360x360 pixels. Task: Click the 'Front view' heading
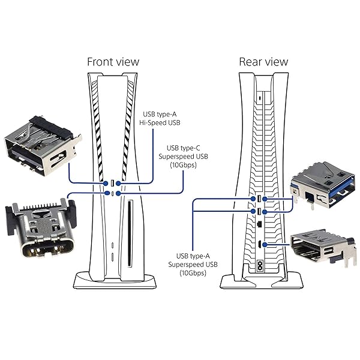[113, 62]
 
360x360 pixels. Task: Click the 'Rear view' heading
[263, 62]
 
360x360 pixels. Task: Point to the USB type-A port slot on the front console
[112, 182]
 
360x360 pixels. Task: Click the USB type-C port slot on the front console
[112, 194]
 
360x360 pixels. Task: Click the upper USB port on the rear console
[259, 198]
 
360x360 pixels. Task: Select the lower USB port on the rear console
[259, 211]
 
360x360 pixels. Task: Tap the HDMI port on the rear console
[259, 244]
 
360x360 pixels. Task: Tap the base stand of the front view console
[112, 280]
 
